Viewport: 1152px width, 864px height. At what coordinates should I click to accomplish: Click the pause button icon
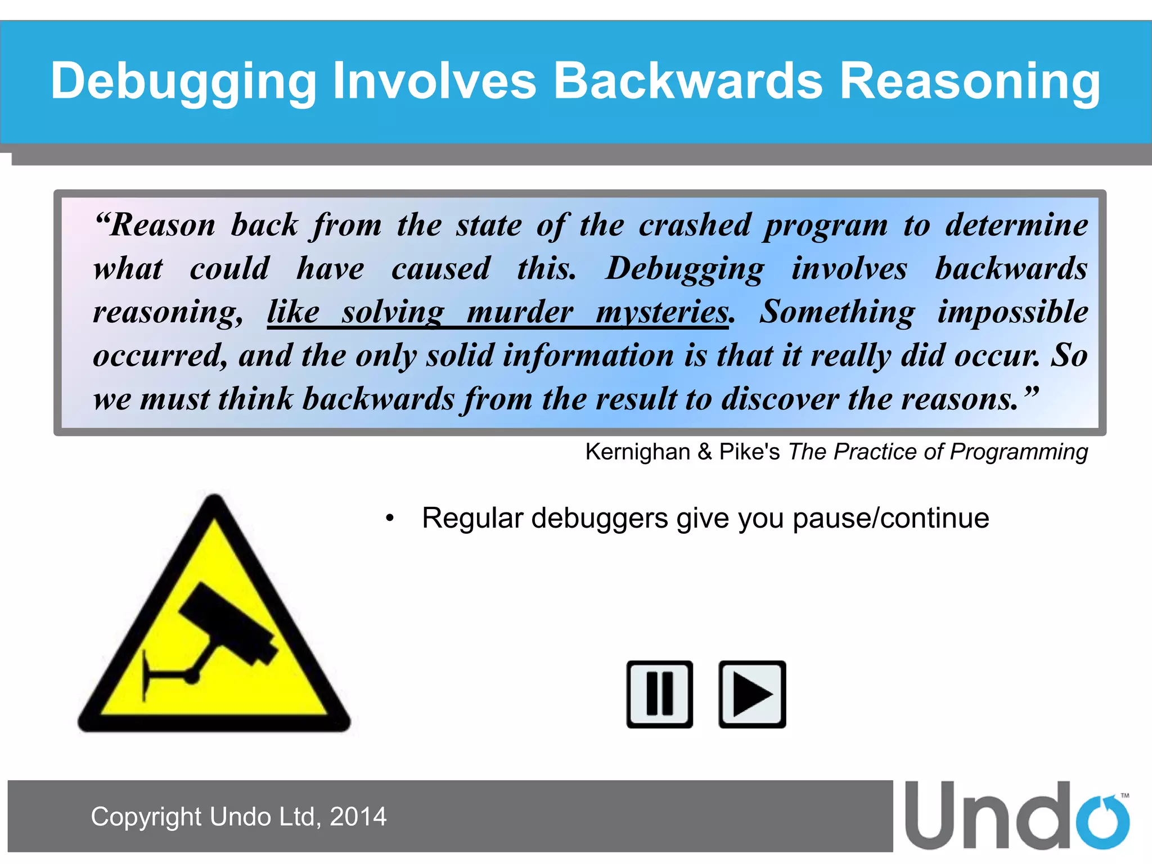click(x=659, y=694)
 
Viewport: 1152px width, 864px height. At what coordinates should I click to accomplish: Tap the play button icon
click(x=752, y=694)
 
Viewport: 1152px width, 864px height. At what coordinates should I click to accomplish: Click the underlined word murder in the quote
click(x=520, y=312)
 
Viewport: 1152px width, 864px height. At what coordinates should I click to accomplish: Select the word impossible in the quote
click(x=1012, y=312)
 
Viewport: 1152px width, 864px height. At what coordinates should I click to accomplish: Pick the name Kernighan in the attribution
click(x=637, y=452)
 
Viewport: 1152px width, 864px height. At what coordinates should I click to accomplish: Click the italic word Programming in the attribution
click(x=1018, y=452)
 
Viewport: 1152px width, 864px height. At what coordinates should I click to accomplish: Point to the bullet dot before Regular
click(x=389, y=519)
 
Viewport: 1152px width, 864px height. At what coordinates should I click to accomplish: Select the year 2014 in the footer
click(x=358, y=817)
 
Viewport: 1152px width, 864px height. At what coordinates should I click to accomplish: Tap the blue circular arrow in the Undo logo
click(x=1102, y=822)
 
